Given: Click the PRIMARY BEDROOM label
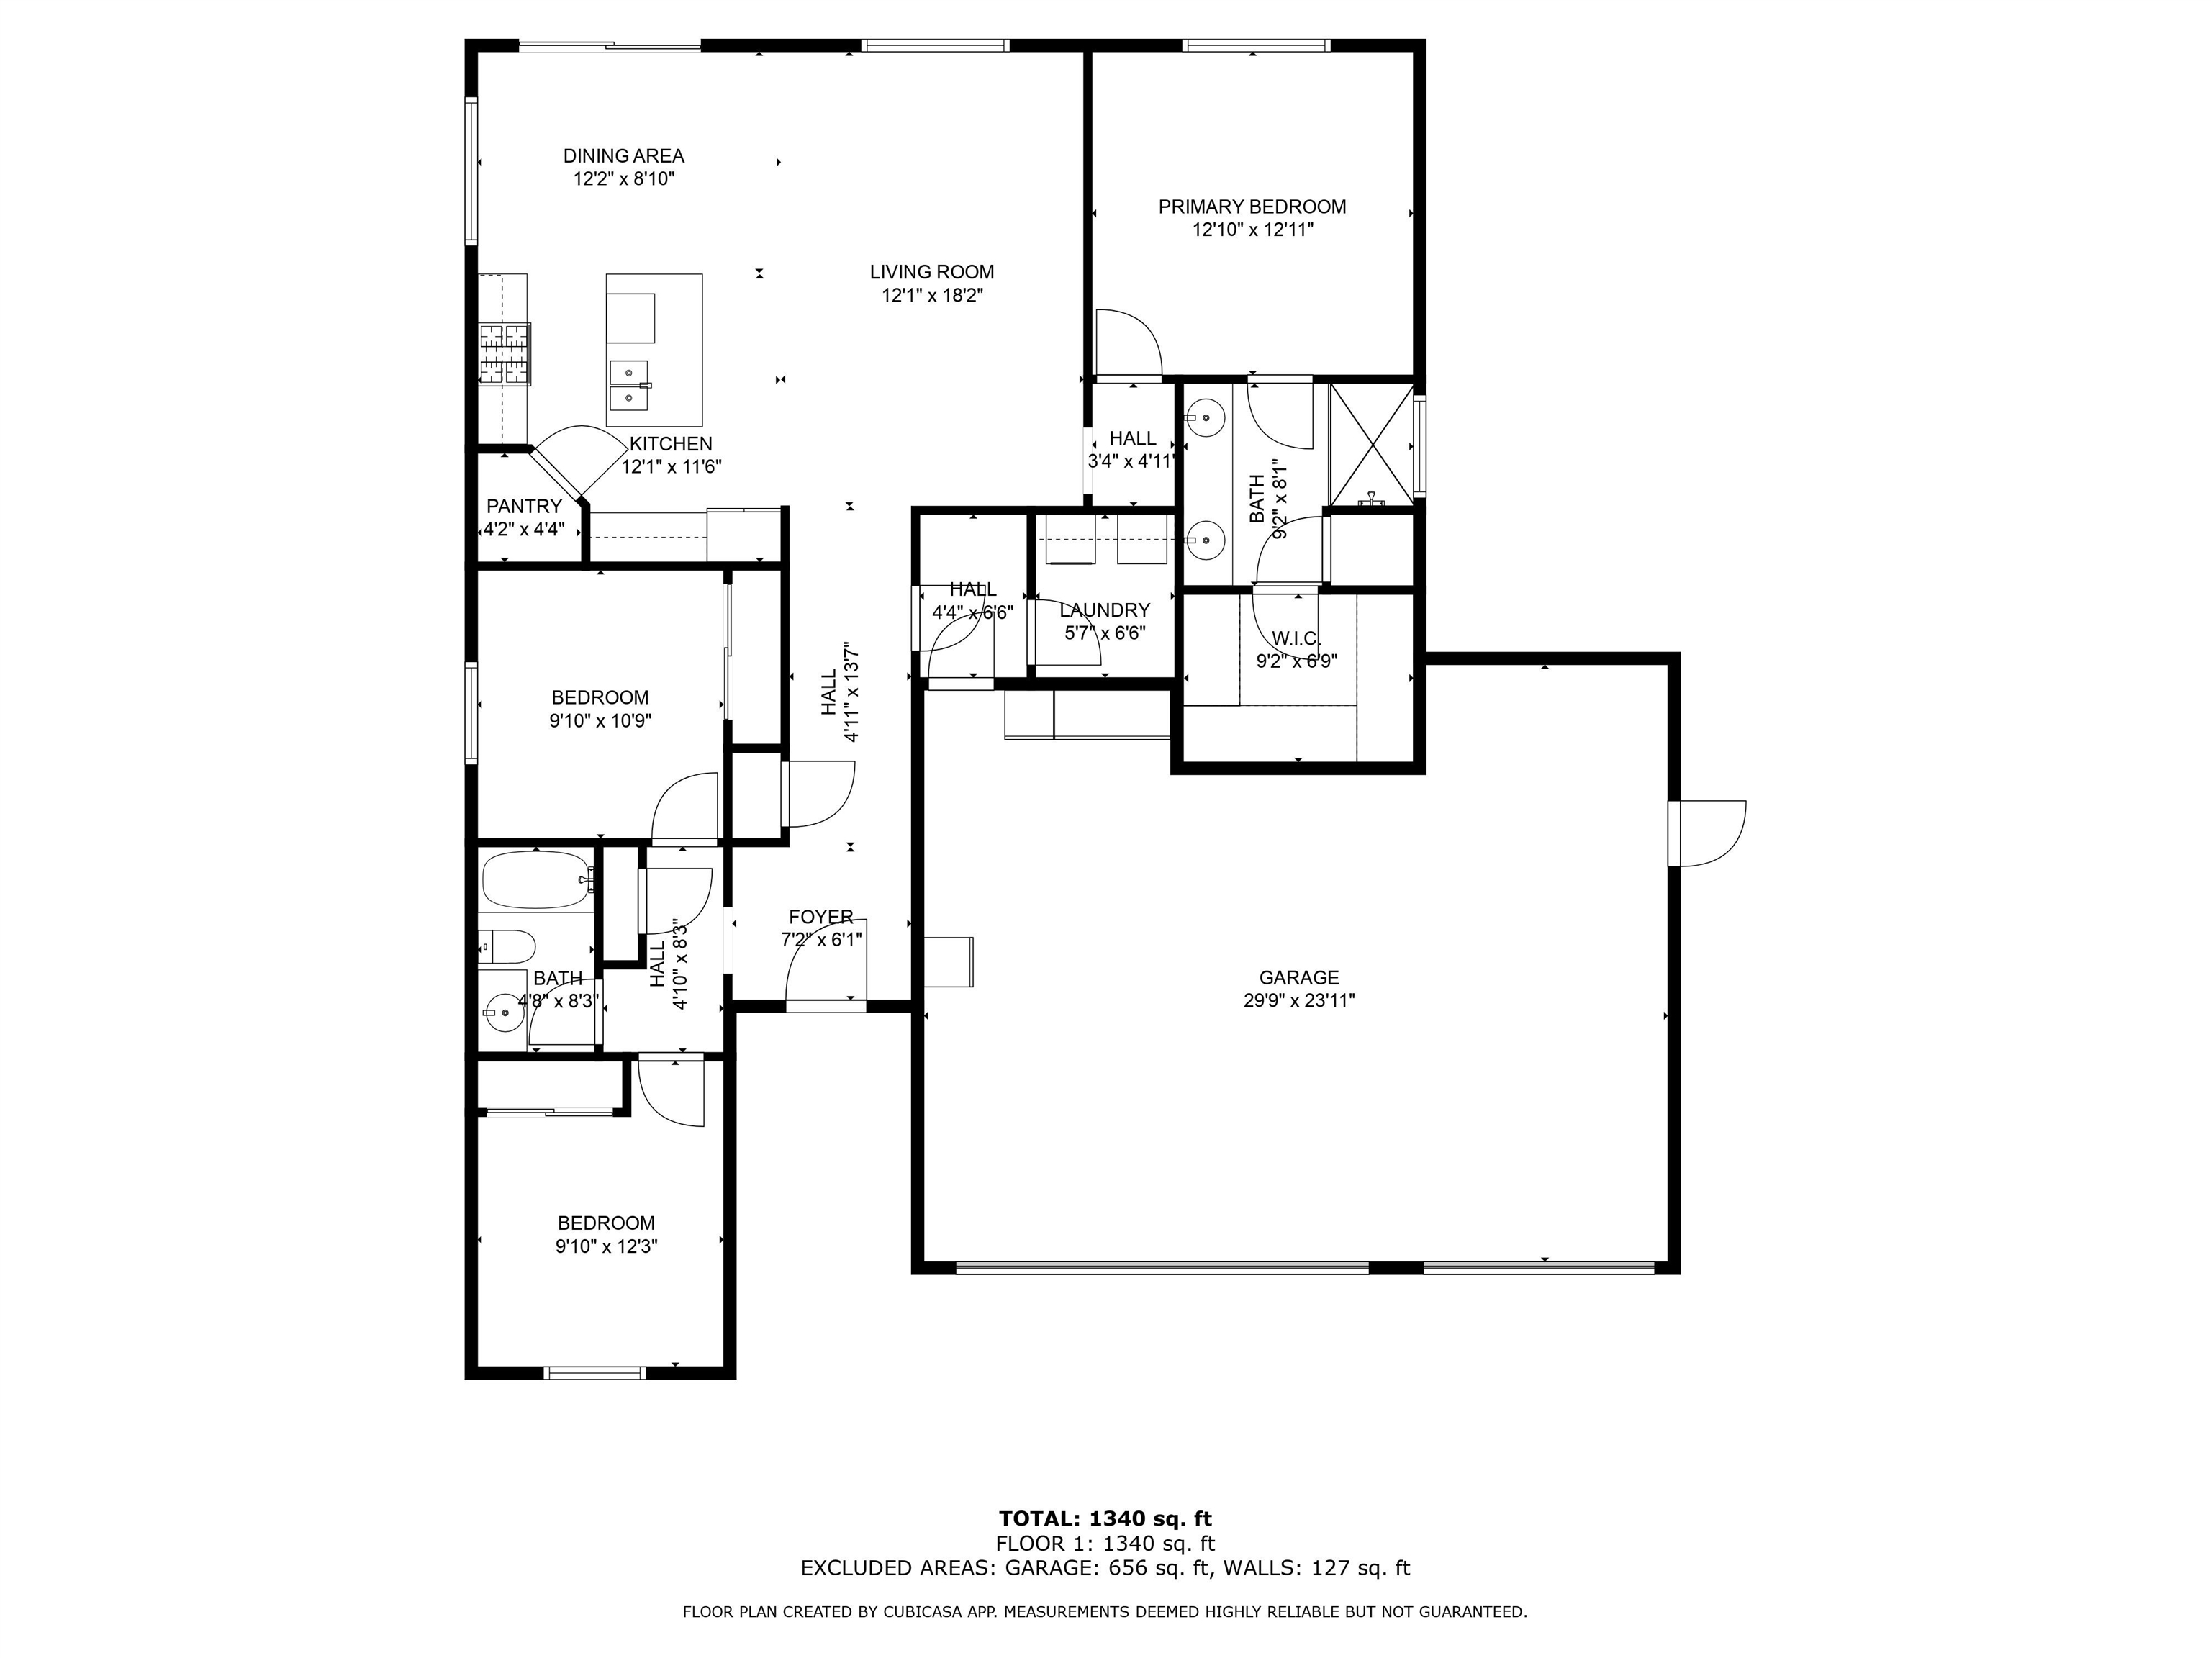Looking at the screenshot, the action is (x=1252, y=207).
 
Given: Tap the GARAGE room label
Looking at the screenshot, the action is (x=1298, y=977).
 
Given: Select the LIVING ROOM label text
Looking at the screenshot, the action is (x=931, y=272).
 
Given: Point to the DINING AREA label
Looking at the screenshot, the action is (x=624, y=156).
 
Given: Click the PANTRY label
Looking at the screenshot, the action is (x=524, y=507).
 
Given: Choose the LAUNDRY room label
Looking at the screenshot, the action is (x=1105, y=610).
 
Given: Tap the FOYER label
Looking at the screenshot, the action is (x=820, y=917).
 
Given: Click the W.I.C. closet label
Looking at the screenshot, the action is (x=1296, y=638).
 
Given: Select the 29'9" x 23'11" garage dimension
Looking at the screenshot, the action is (x=1298, y=1000).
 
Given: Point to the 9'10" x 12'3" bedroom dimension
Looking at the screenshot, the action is (x=607, y=1246).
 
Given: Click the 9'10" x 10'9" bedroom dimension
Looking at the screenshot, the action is (x=600, y=720).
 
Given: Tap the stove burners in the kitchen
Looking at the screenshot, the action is (x=505, y=354).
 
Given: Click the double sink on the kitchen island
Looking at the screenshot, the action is (x=629, y=386).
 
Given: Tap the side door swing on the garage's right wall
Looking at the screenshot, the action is (x=1707, y=833).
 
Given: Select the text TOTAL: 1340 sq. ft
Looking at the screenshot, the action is (x=1105, y=1519).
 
